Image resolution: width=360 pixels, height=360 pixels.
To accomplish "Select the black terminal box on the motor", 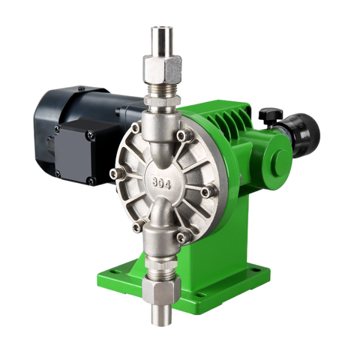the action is pos(75,152).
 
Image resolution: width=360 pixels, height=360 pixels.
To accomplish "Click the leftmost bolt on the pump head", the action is pos(115,172).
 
